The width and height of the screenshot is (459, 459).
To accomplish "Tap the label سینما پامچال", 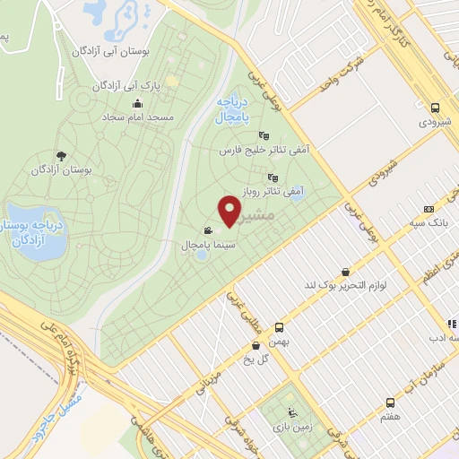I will (x=184, y=244).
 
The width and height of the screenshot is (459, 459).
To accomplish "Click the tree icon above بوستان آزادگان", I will (x=61, y=155).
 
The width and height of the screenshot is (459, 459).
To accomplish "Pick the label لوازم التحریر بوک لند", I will (x=348, y=285).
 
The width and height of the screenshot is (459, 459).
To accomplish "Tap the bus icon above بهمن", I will (x=279, y=328).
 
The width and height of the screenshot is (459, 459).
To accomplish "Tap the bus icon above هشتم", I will (x=389, y=403).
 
